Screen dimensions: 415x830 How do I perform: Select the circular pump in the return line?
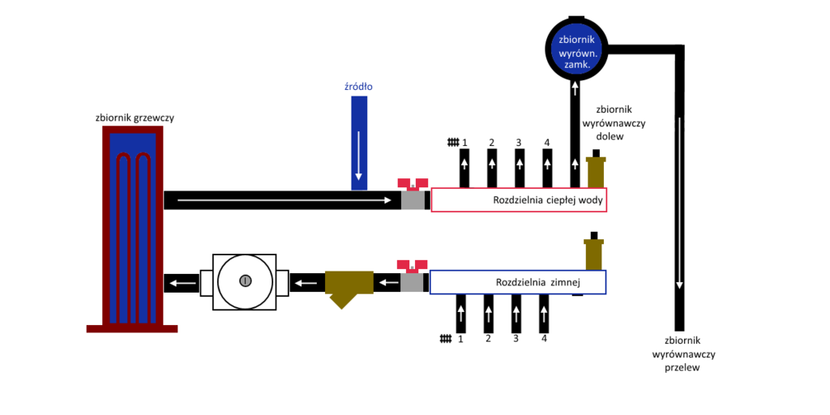coord(245,280)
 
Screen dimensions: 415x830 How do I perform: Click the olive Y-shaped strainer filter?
coord(349,285)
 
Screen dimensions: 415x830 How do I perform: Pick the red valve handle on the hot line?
coord(413,183)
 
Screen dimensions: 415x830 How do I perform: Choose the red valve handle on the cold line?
coord(412,265)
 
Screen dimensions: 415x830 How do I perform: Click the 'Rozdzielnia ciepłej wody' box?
coord(519,200)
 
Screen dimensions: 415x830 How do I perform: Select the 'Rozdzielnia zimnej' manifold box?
coord(517,282)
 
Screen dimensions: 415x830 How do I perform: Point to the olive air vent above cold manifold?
coord(594,252)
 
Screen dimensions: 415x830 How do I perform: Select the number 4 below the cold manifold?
coord(544,338)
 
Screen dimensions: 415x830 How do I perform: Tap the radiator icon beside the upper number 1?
coord(452,143)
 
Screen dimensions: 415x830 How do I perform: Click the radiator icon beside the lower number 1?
coord(444,338)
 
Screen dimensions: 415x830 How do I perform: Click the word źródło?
coord(358,86)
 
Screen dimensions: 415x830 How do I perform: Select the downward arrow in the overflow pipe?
coord(679,203)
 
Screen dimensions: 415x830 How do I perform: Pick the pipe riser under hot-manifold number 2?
coord(491,169)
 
